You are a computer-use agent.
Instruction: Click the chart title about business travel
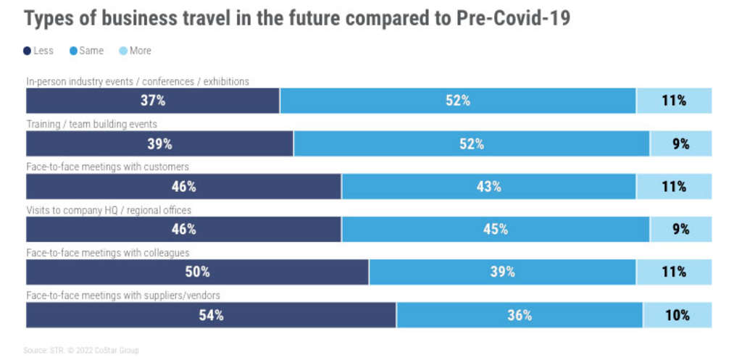click(x=297, y=19)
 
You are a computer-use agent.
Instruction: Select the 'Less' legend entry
click(x=39, y=51)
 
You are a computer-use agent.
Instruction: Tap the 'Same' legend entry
click(x=86, y=51)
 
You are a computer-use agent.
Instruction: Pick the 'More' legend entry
click(x=136, y=51)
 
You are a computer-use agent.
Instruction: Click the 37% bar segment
click(x=152, y=101)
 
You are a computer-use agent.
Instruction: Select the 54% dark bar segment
click(x=211, y=315)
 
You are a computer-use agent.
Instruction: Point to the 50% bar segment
click(x=197, y=272)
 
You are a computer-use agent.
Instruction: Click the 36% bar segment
click(x=519, y=315)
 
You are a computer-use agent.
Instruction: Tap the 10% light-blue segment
click(x=677, y=315)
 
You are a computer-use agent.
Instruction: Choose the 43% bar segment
click(x=488, y=186)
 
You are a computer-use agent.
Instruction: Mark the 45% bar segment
click(x=495, y=230)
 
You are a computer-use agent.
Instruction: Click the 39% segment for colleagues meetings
click(x=502, y=272)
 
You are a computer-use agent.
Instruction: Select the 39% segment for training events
click(x=159, y=143)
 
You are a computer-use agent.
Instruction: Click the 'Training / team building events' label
click(x=91, y=125)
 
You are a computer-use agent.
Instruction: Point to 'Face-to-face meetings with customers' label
click(x=107, y=167)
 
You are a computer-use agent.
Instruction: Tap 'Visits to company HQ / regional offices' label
click(x=109, y=210)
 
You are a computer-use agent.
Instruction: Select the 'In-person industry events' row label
click(x=138, y=82)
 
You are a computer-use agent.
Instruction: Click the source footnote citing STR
click(x=80, y=351)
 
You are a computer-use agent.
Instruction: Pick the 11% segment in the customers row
click(x=674, y=186)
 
